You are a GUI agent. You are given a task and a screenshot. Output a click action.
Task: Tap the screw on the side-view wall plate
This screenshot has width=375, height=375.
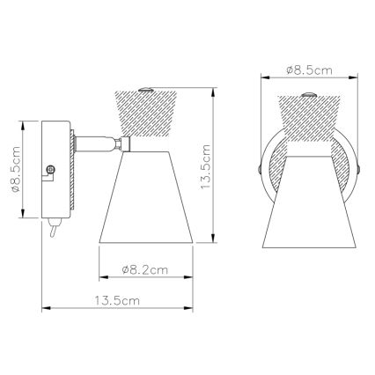tap(51, 165)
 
